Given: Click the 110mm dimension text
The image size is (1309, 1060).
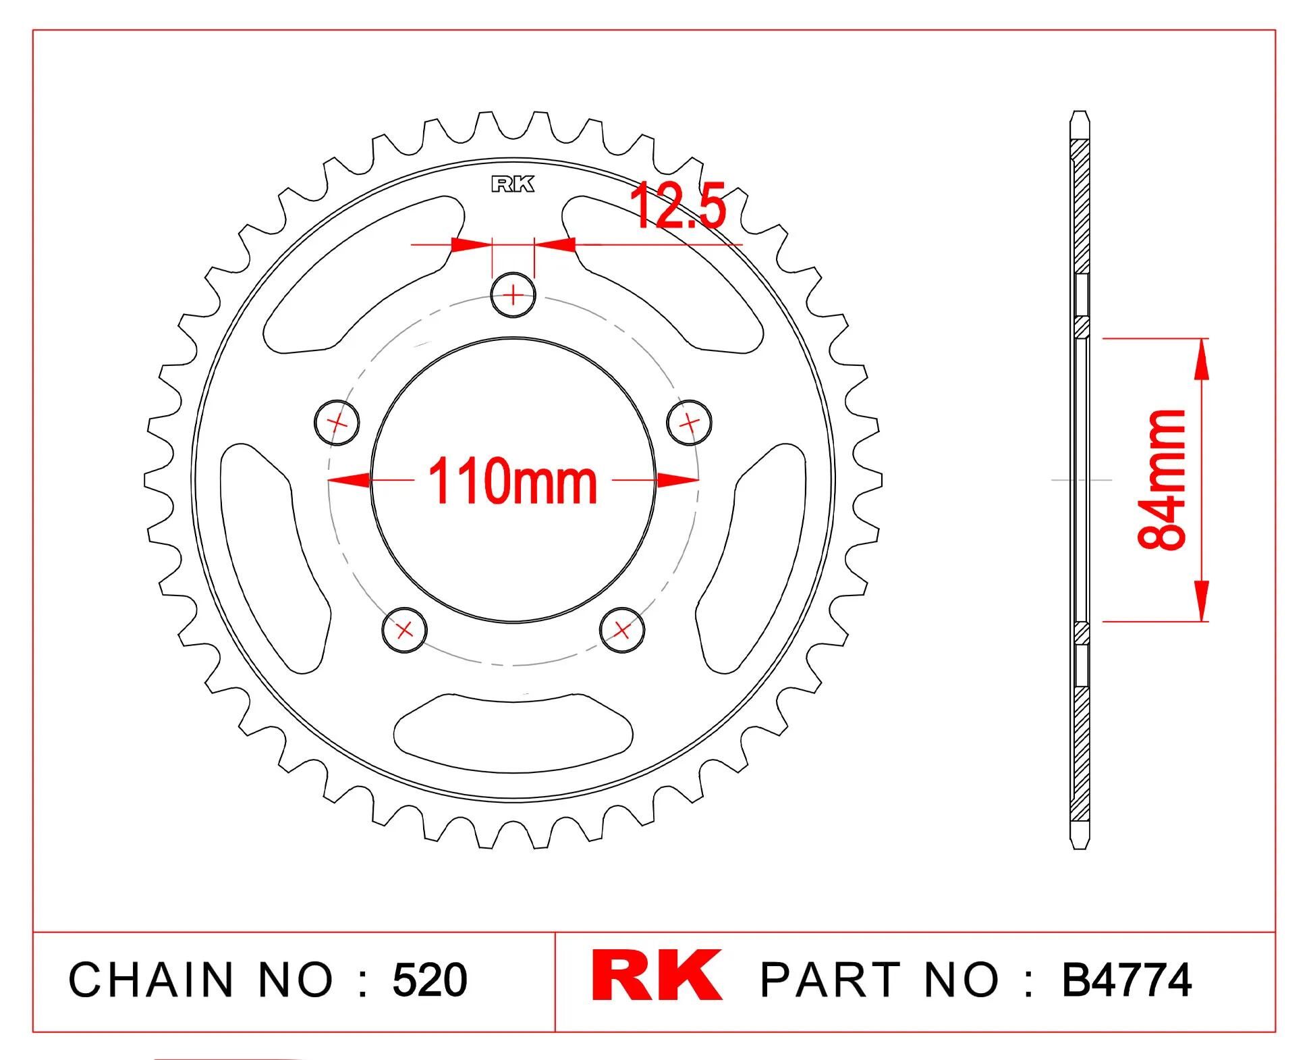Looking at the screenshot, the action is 513,481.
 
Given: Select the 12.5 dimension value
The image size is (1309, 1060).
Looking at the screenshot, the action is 678,206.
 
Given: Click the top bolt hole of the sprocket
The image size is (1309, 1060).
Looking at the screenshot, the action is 513,295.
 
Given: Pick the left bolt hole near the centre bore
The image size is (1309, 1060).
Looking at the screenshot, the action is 337,423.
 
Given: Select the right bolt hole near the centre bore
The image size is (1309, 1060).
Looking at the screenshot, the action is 689,423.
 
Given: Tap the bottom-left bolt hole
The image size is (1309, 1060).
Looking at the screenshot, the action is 404,631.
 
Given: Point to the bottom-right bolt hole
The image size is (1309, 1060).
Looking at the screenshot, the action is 622,631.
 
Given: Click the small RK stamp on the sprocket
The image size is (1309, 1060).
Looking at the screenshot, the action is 513,184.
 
